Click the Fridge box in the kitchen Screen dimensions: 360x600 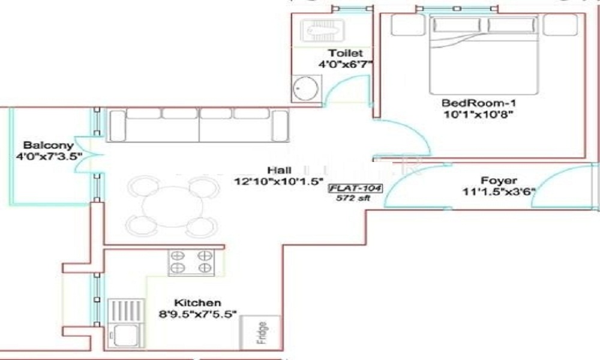[x=260, y=332]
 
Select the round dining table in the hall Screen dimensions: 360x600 [x=171, y=205]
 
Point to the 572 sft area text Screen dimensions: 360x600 [x=350, y=199]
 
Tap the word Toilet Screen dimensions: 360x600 [x=341, y=53]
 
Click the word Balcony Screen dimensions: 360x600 [x=47, y=145]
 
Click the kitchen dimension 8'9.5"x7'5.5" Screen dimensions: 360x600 [x=197, y=313]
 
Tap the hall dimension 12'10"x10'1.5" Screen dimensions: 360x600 [x=280, y=180]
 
